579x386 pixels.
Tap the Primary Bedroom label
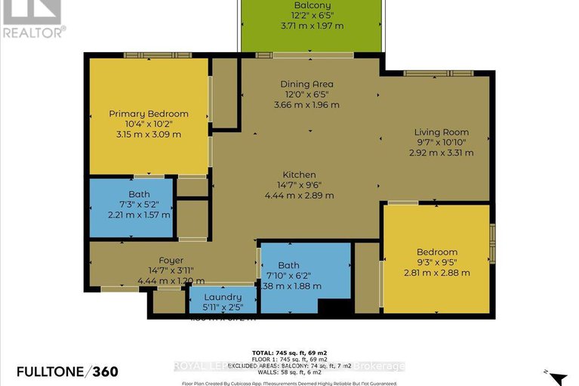coord(149,113)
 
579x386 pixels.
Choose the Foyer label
coord(149,261)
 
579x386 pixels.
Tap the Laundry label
coord(222,297)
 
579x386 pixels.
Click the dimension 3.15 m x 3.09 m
coord(149,134)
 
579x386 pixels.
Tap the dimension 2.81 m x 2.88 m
coord(437,273)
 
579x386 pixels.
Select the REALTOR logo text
coord(33,32)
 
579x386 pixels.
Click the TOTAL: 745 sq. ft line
coord(289,354)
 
